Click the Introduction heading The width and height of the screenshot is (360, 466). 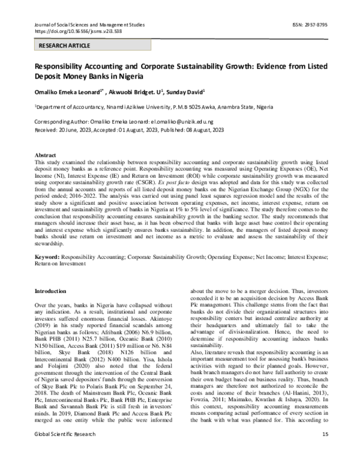52,291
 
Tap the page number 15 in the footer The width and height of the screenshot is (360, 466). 325,450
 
